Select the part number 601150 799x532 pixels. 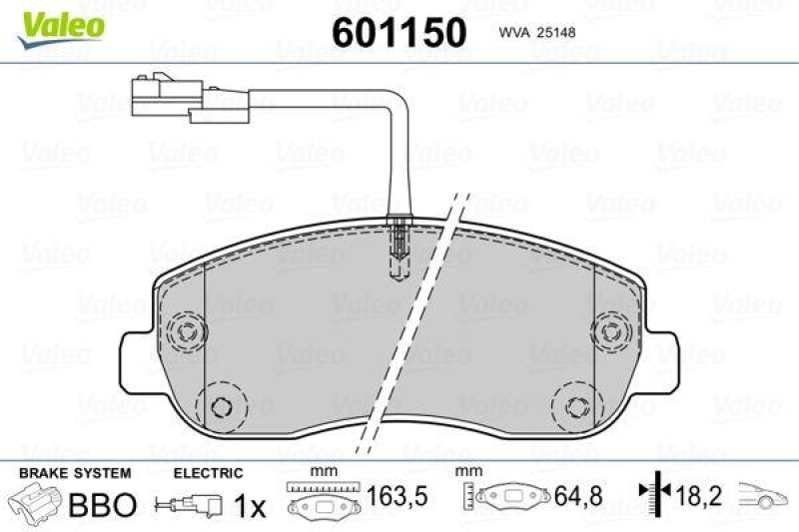[x=399, y=33]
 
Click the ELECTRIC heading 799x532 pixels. [x=209, y=473]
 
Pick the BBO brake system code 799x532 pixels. [x=101, y=505]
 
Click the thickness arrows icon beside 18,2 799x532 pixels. [x=651, y=493]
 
